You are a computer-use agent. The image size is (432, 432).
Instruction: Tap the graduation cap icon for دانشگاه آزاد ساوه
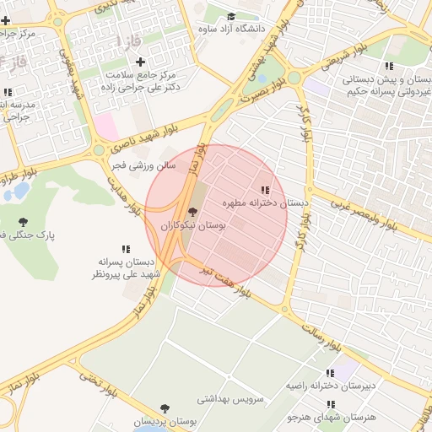[231, 16]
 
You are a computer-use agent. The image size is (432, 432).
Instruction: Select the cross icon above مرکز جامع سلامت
[140, 61]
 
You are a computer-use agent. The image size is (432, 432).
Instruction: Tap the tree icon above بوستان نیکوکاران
[193, 212]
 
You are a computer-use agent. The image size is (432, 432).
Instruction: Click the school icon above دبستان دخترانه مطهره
[266, 190]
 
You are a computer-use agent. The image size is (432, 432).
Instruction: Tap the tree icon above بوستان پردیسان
[163, 408]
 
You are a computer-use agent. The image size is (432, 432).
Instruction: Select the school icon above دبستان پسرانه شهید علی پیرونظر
[126, 249]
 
